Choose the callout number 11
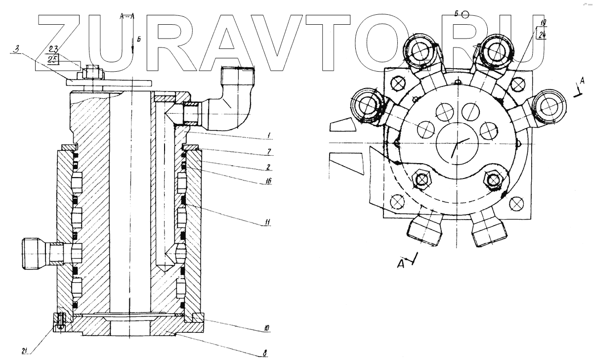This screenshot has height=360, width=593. [267, 221]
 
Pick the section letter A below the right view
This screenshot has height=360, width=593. [402, 265]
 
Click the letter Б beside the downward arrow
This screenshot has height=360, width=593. [139, 39]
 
